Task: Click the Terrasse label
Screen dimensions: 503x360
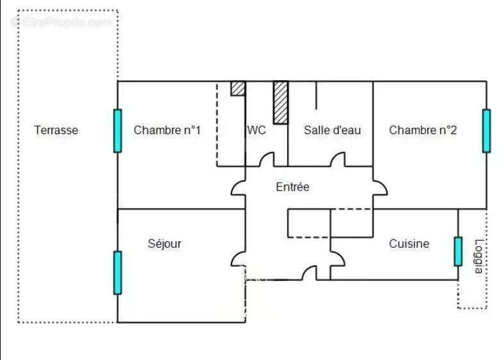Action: (56, 130)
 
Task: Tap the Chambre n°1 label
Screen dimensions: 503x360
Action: (167, 130)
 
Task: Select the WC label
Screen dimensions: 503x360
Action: (257, 130)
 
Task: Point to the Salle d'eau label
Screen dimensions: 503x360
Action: (332, 130)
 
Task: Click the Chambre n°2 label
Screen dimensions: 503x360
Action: (423, 130)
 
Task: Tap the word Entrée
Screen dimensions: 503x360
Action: (293, 187)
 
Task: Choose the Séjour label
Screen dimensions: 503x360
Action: (164, 244)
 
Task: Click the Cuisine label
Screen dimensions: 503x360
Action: (409, 244)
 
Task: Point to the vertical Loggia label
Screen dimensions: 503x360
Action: (479, 257)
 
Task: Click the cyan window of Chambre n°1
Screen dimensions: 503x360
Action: (118, 131)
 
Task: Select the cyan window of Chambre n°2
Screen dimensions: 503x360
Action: (486, 131)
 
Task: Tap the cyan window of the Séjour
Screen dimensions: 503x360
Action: (118, 273)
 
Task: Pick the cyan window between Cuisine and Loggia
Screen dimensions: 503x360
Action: (458, 252)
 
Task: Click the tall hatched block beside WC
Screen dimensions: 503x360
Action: (281, 103)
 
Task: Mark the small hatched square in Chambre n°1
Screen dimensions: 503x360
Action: (238, 89)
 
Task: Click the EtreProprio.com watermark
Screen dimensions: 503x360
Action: (62, 22)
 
